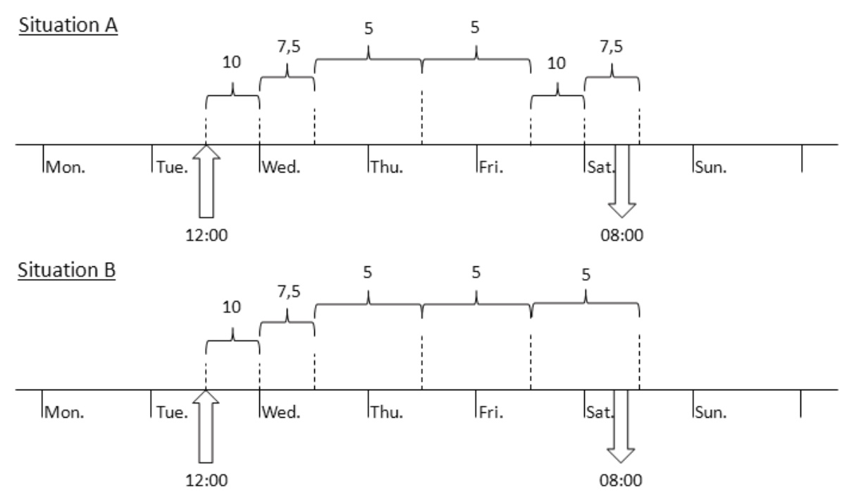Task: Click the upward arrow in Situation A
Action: [x=206, y=182]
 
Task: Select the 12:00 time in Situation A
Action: [x=206, y=234]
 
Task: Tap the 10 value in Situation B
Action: [x=232, y=307]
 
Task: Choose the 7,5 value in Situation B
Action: [x=287, y=292]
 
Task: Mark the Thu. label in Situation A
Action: [x=386, y=168]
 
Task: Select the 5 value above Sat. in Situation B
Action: [x=585, y=273]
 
